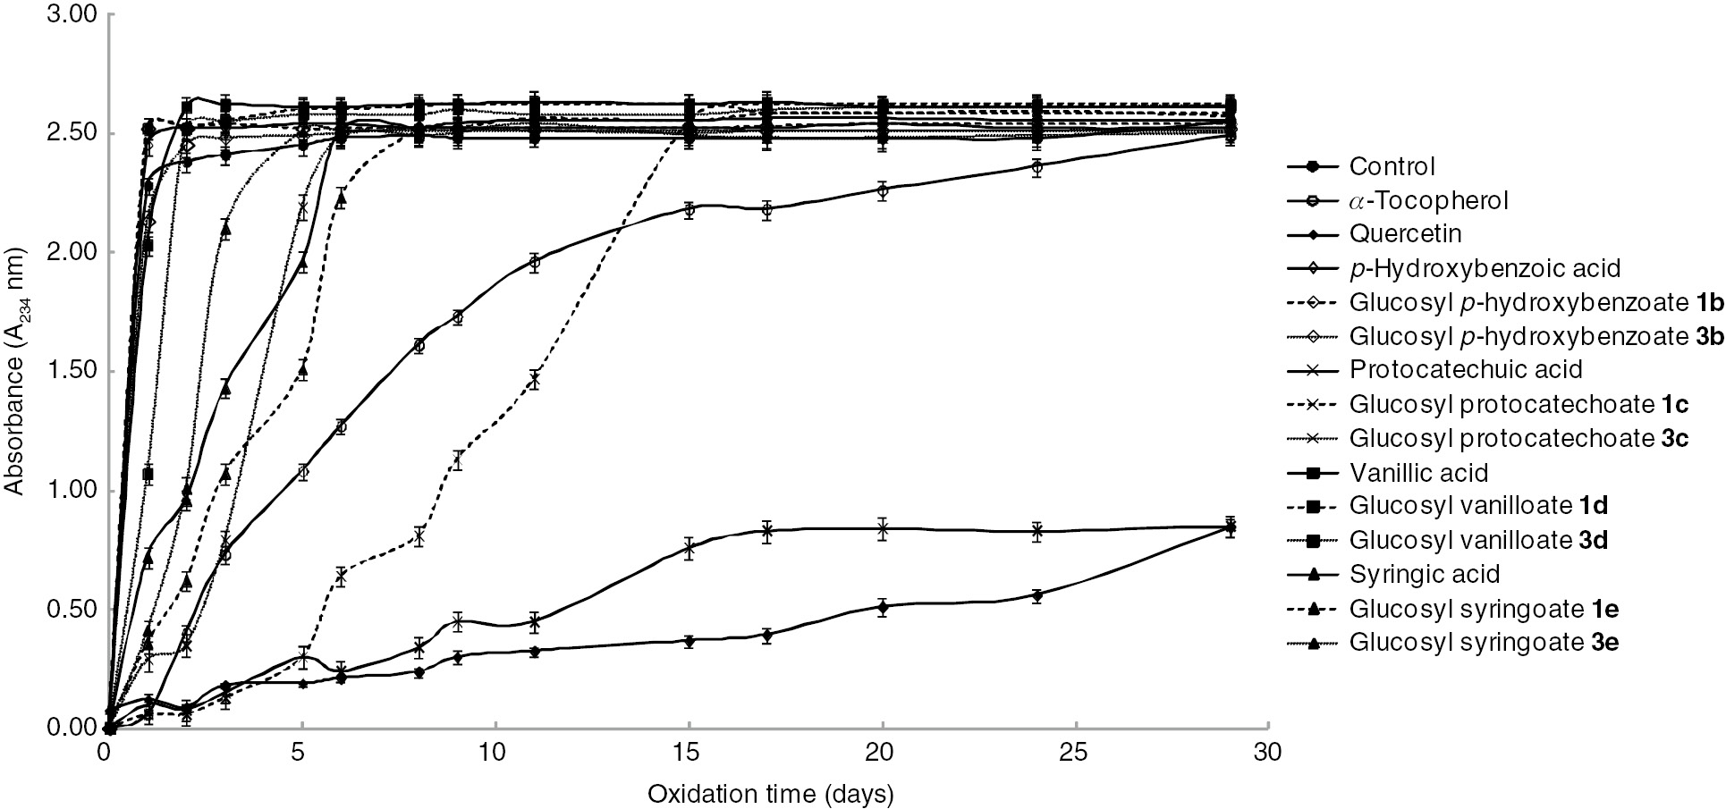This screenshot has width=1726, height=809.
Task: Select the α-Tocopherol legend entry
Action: [1428, 200]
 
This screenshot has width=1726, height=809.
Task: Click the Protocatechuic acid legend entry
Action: [1466, 370]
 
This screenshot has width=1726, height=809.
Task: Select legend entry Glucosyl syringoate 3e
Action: [1484, 642]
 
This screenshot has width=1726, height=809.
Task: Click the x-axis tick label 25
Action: [1075, 754]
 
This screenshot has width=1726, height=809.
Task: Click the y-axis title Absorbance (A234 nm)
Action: [15, 372]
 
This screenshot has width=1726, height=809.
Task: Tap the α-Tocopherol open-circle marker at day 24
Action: [1036, 166]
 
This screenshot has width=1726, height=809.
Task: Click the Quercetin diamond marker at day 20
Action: [883, 607]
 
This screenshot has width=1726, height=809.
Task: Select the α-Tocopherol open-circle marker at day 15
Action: [689, 211]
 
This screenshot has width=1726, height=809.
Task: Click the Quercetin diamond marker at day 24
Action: [1036, 595]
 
